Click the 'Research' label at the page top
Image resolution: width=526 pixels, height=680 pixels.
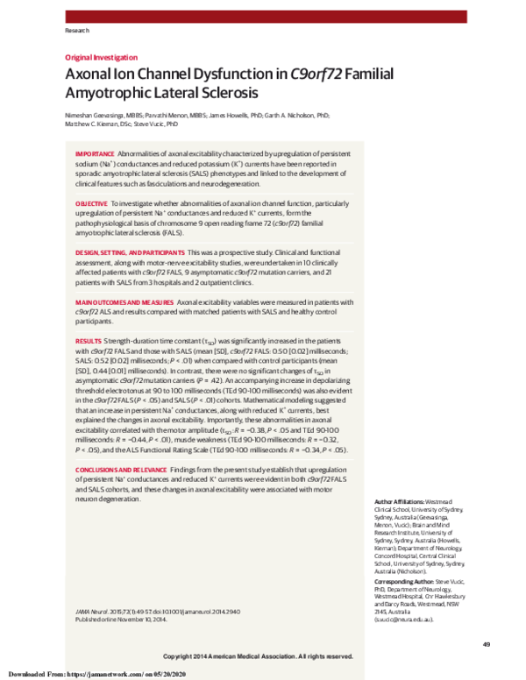77,31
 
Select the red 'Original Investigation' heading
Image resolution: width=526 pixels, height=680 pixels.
102,57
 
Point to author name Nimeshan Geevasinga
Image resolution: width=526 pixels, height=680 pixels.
98,115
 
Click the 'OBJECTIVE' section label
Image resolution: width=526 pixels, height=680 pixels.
92,202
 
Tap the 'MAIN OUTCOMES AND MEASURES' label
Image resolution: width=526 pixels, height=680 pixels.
123,301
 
